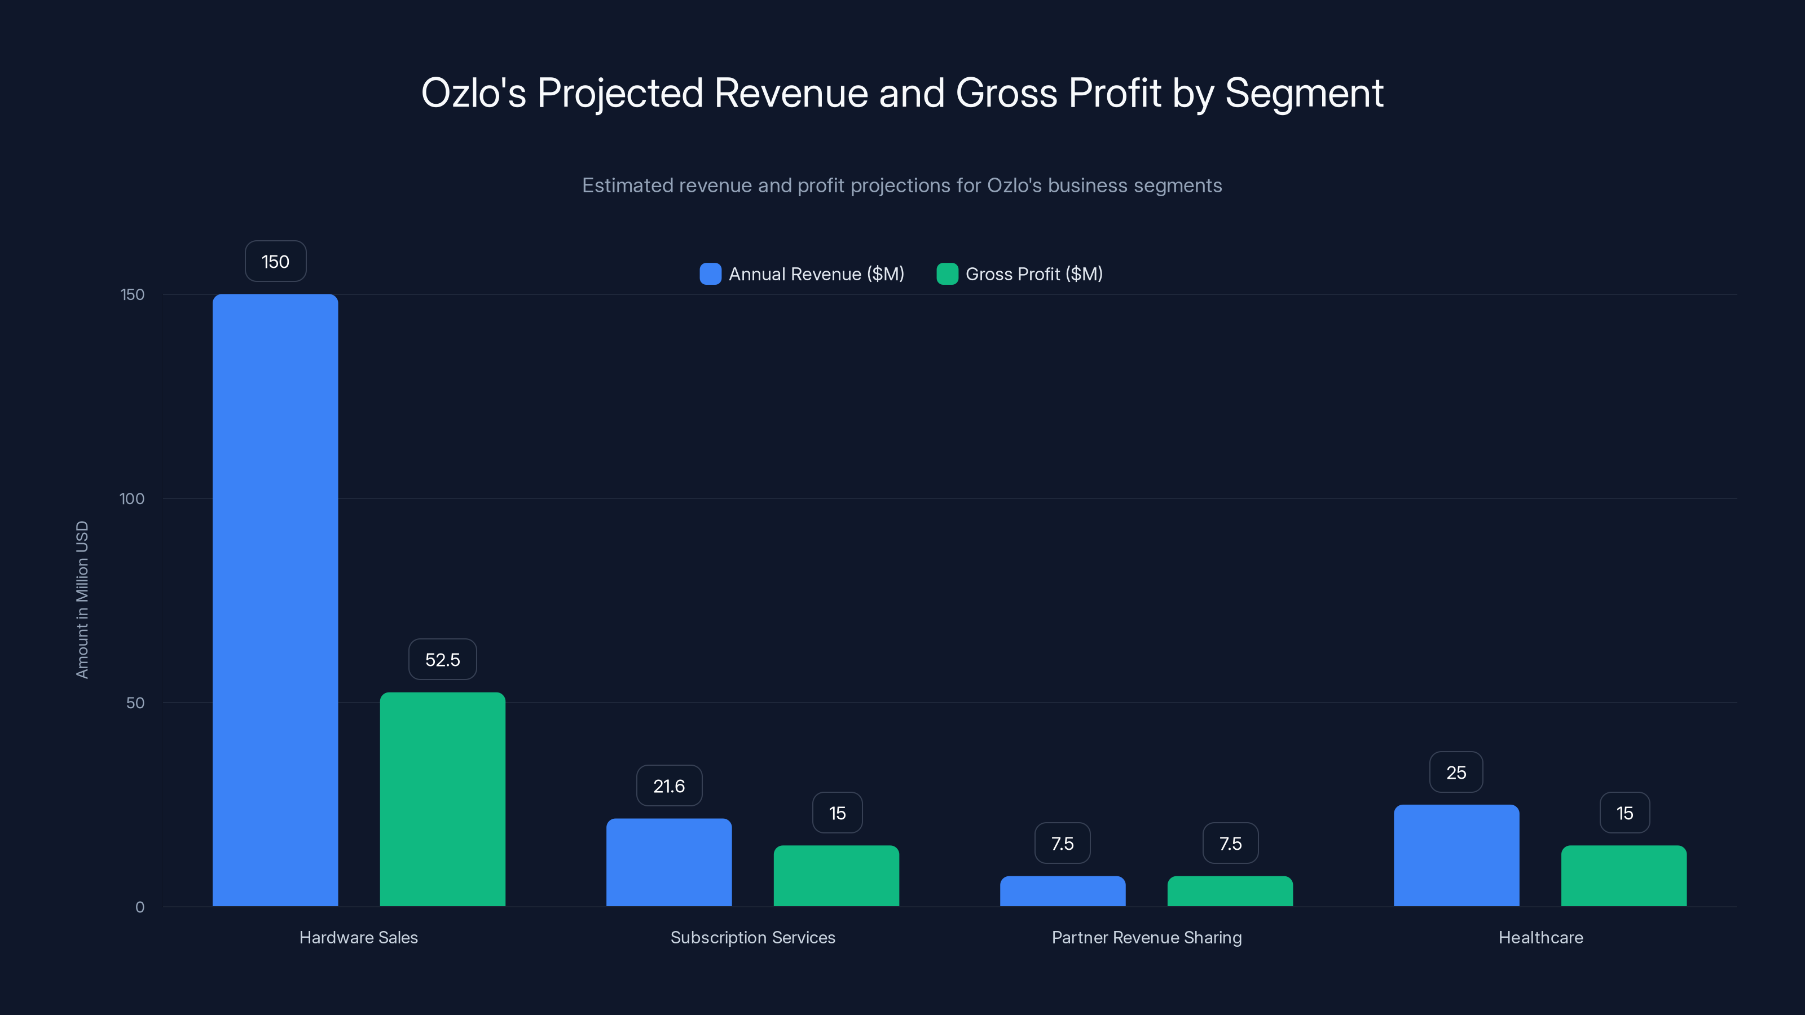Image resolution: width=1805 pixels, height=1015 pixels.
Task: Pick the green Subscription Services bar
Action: point(836,876)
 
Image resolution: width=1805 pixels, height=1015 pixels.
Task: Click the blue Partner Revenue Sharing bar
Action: point(1062,891)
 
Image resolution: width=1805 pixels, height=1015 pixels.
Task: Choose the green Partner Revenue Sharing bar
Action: point(1230,891)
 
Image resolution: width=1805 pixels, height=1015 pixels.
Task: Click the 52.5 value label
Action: point(442,659)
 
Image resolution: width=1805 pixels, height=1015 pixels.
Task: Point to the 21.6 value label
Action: point(668,785)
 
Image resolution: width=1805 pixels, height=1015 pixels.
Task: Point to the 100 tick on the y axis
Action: point(132,498)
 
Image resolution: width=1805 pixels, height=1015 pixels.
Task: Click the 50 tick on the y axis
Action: point(135,703)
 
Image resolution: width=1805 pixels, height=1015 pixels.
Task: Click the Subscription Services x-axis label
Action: point(752,937)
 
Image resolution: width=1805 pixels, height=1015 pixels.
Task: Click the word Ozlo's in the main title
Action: point(473,93)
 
